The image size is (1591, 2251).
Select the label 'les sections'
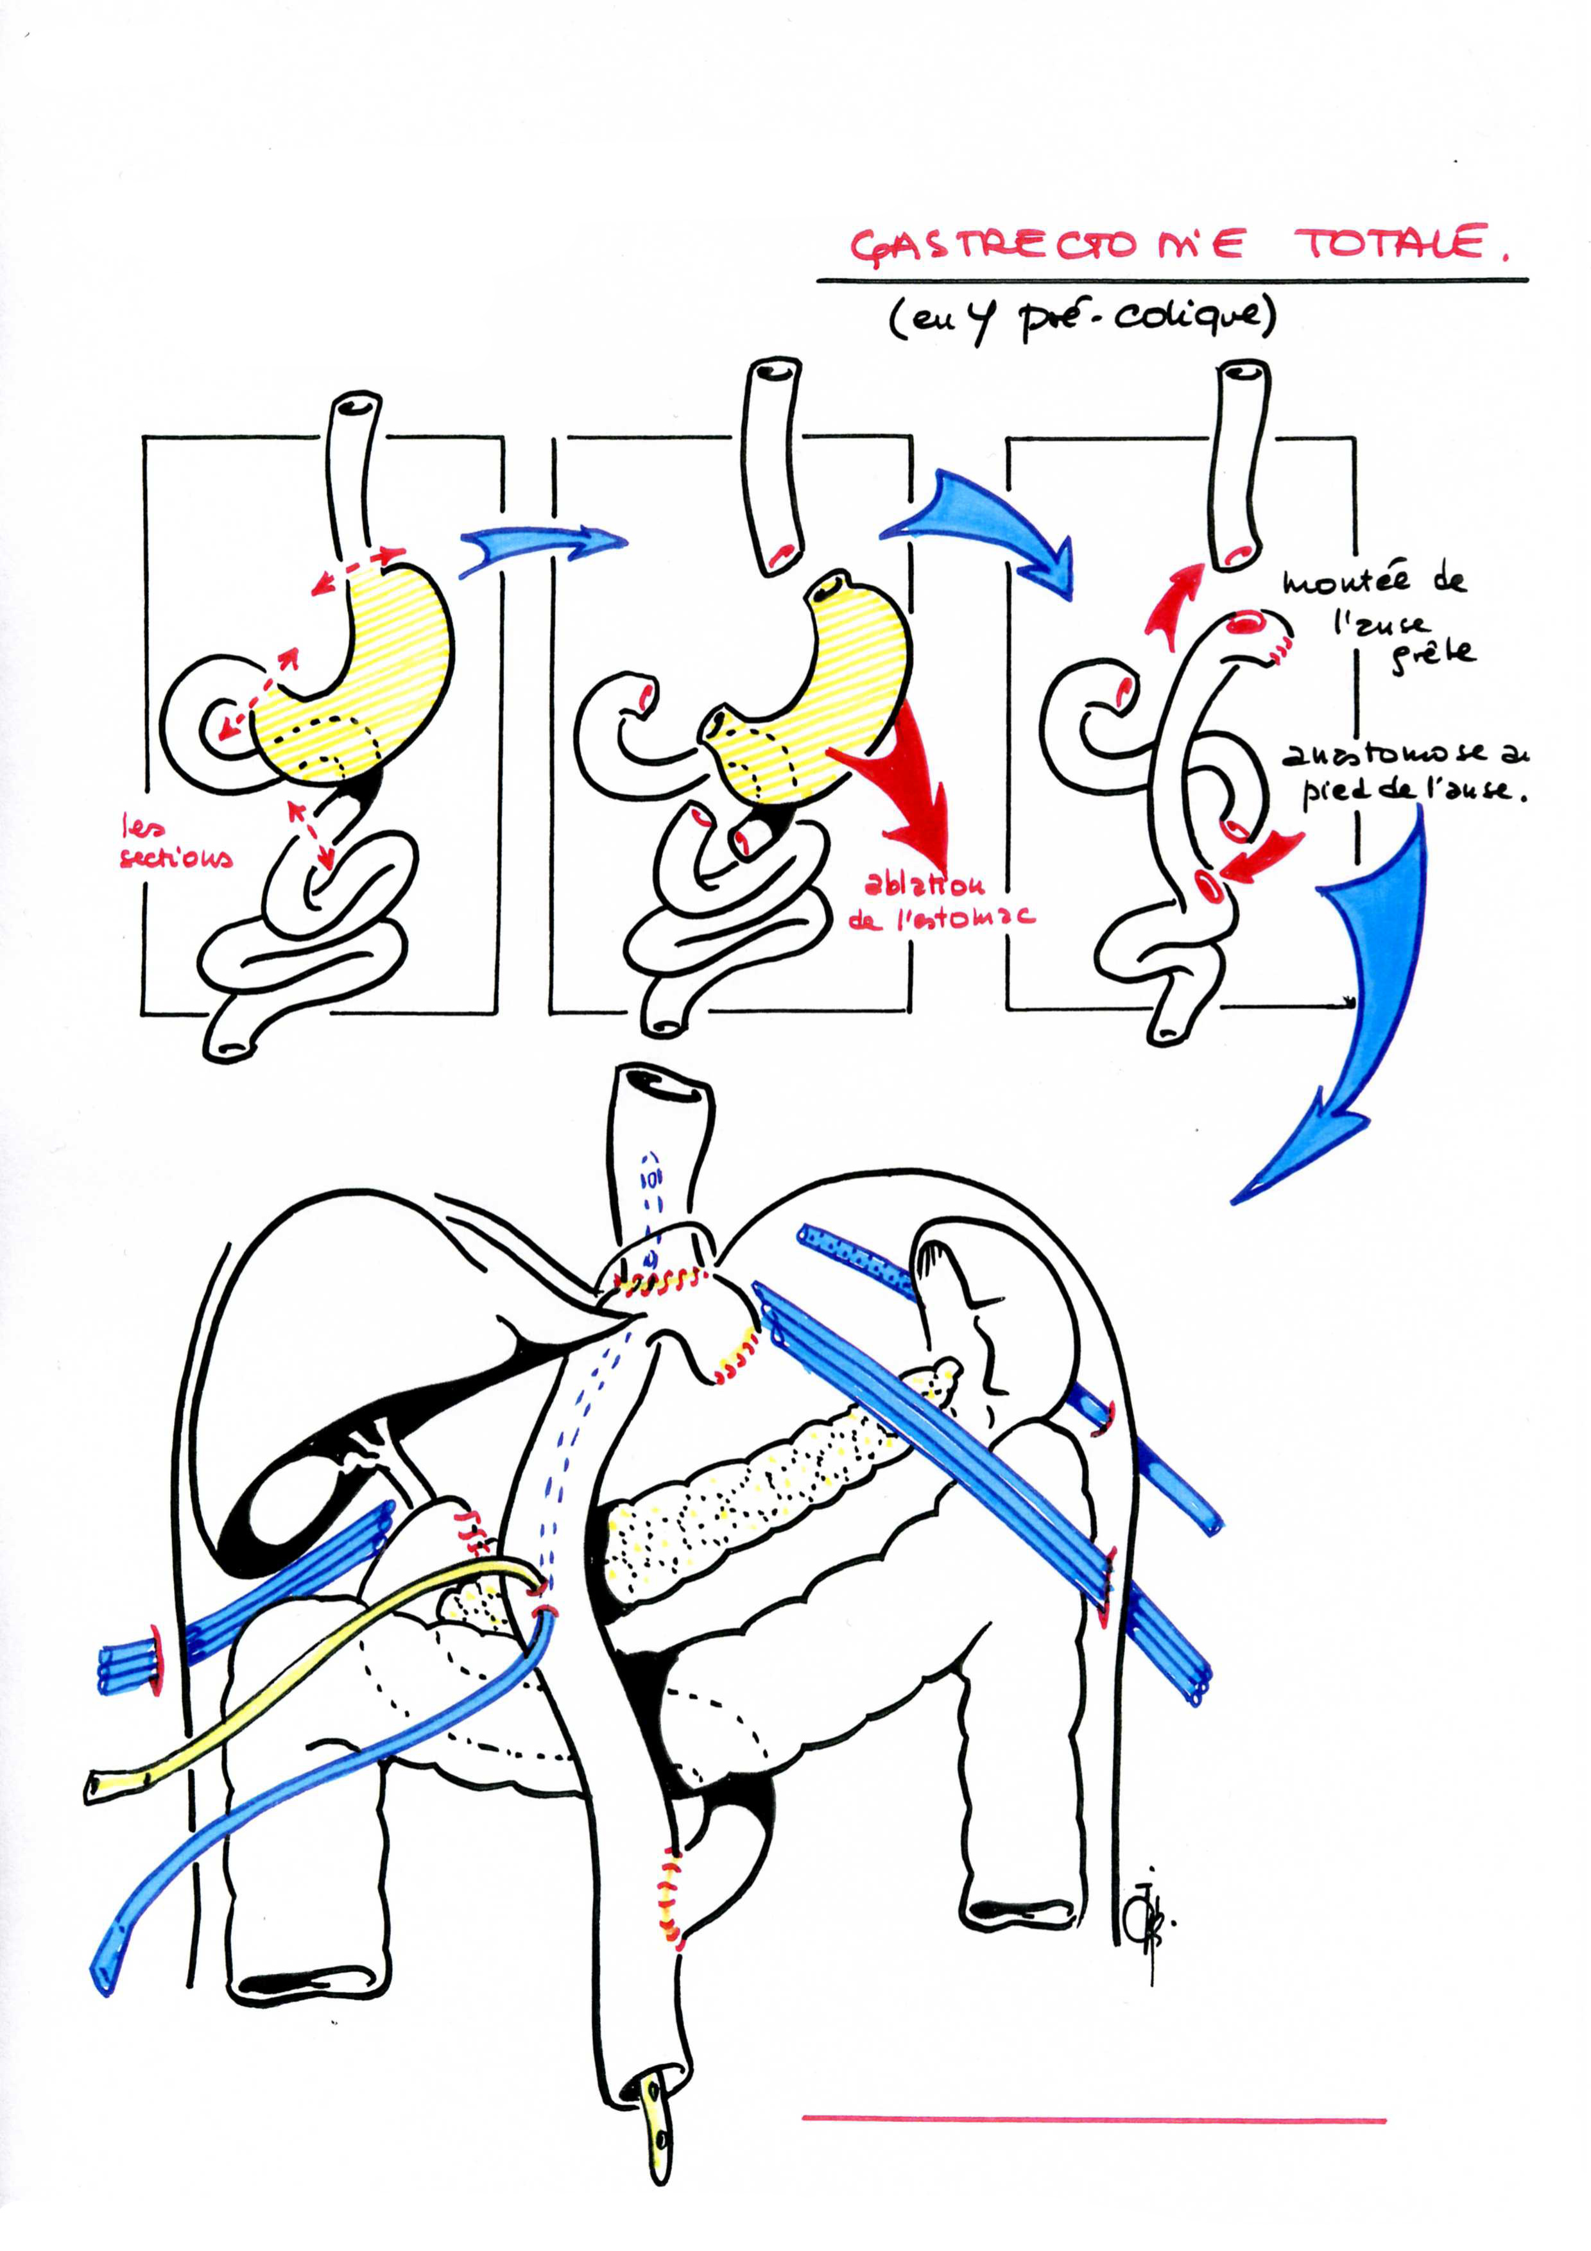[x=175, y=844]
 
